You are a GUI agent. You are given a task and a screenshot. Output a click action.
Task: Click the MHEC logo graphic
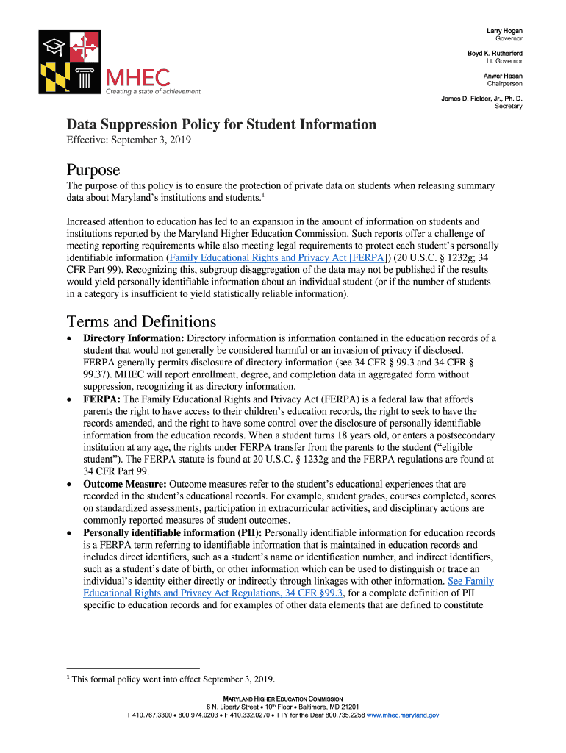tap(69, 62)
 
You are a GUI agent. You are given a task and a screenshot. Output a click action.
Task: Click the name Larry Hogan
tap(504, 30)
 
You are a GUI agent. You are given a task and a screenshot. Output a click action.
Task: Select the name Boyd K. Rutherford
tap(495, 54)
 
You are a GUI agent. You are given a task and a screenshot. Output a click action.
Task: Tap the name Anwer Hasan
tap(503, 76)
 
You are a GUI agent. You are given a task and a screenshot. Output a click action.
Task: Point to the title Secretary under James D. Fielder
tap(508, 107)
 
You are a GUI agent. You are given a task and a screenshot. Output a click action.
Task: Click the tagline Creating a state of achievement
tap(153, 92)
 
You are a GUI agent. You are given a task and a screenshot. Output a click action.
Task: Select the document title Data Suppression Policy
tap(221, 125)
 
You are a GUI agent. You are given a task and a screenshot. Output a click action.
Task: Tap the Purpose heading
tap(93, 171)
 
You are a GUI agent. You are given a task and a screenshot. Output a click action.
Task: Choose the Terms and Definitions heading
tap(141, 322)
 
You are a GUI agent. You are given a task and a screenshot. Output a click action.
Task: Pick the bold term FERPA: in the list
tap(101, 399)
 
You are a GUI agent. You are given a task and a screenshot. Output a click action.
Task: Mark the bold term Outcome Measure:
tap(125, 485)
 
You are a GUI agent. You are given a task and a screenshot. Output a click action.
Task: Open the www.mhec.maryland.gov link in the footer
tap(403, 715)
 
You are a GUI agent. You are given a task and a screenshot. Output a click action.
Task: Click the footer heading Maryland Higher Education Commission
tap(282, 699)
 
